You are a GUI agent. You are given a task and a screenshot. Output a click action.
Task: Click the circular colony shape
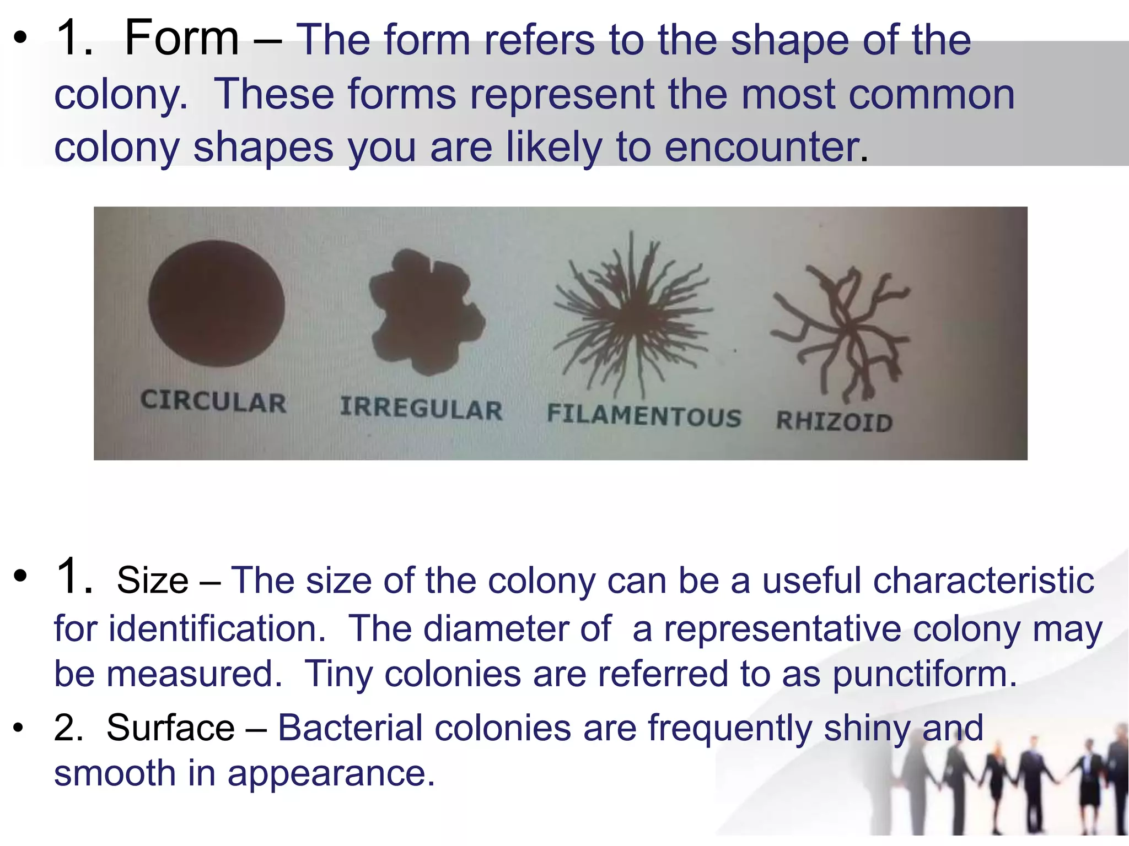click(216, 303)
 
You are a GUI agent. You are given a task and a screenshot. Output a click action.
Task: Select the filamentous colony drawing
click(633, 314)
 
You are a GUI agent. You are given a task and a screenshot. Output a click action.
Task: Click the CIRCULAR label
click(213, 401)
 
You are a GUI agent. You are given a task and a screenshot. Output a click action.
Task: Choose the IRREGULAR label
click(421, 409)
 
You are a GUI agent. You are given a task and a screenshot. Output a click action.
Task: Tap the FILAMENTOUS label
click(644, 415)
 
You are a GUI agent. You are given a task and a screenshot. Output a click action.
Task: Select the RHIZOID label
click(834, 421)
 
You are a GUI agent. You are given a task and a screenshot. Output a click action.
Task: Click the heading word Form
click(182, 39)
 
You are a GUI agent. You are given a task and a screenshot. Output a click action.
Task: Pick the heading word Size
click(152, 581)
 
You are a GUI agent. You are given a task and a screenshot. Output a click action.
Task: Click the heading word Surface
click(170, 728)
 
